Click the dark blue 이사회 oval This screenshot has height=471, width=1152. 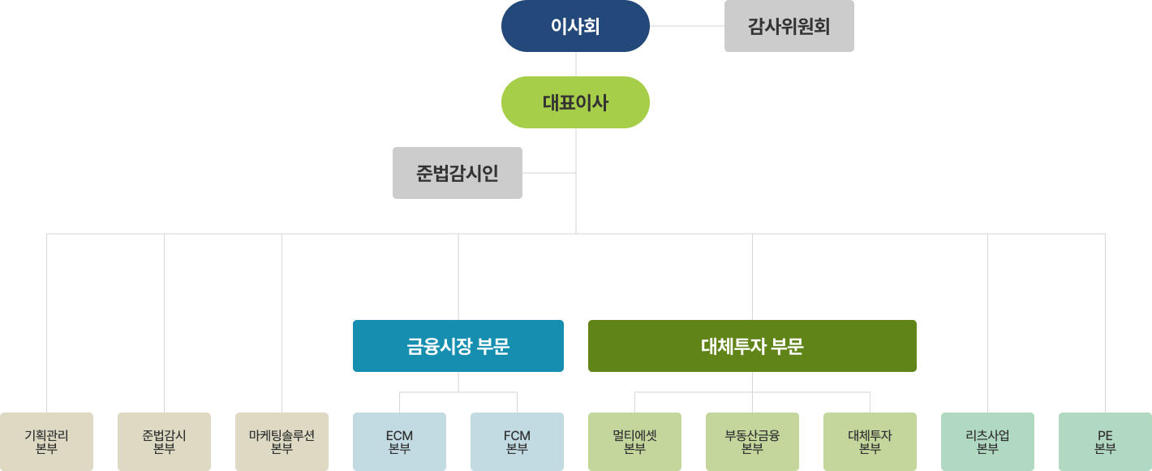click(x=575, y=26)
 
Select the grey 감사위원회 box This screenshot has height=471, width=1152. click(x=789, y=26)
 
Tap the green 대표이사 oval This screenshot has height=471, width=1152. click(x=575, y=102)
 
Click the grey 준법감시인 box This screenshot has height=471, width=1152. click(x=457, y=173)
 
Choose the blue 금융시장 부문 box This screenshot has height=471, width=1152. click(x=458, y=346)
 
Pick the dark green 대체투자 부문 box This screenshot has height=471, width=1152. click(x=752, y=346)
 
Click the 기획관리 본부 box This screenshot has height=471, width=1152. click(x=46, y=442)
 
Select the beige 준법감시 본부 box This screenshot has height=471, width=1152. click(x=164, y=442)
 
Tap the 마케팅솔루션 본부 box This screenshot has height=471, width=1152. click(x=282, y=442)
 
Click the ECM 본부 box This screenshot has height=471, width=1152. click(x=399, y=442)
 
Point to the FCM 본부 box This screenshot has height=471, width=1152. click(x=517, y=442)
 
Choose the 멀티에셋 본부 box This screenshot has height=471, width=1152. click(x=634, y=442)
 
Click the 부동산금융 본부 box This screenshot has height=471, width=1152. click(x=752, y=442)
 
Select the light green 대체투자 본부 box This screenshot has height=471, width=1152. click(x=870, y=442)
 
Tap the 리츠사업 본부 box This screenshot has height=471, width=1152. click(x=987, y=442)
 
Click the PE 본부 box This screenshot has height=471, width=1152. click(x=1105, y=442)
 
